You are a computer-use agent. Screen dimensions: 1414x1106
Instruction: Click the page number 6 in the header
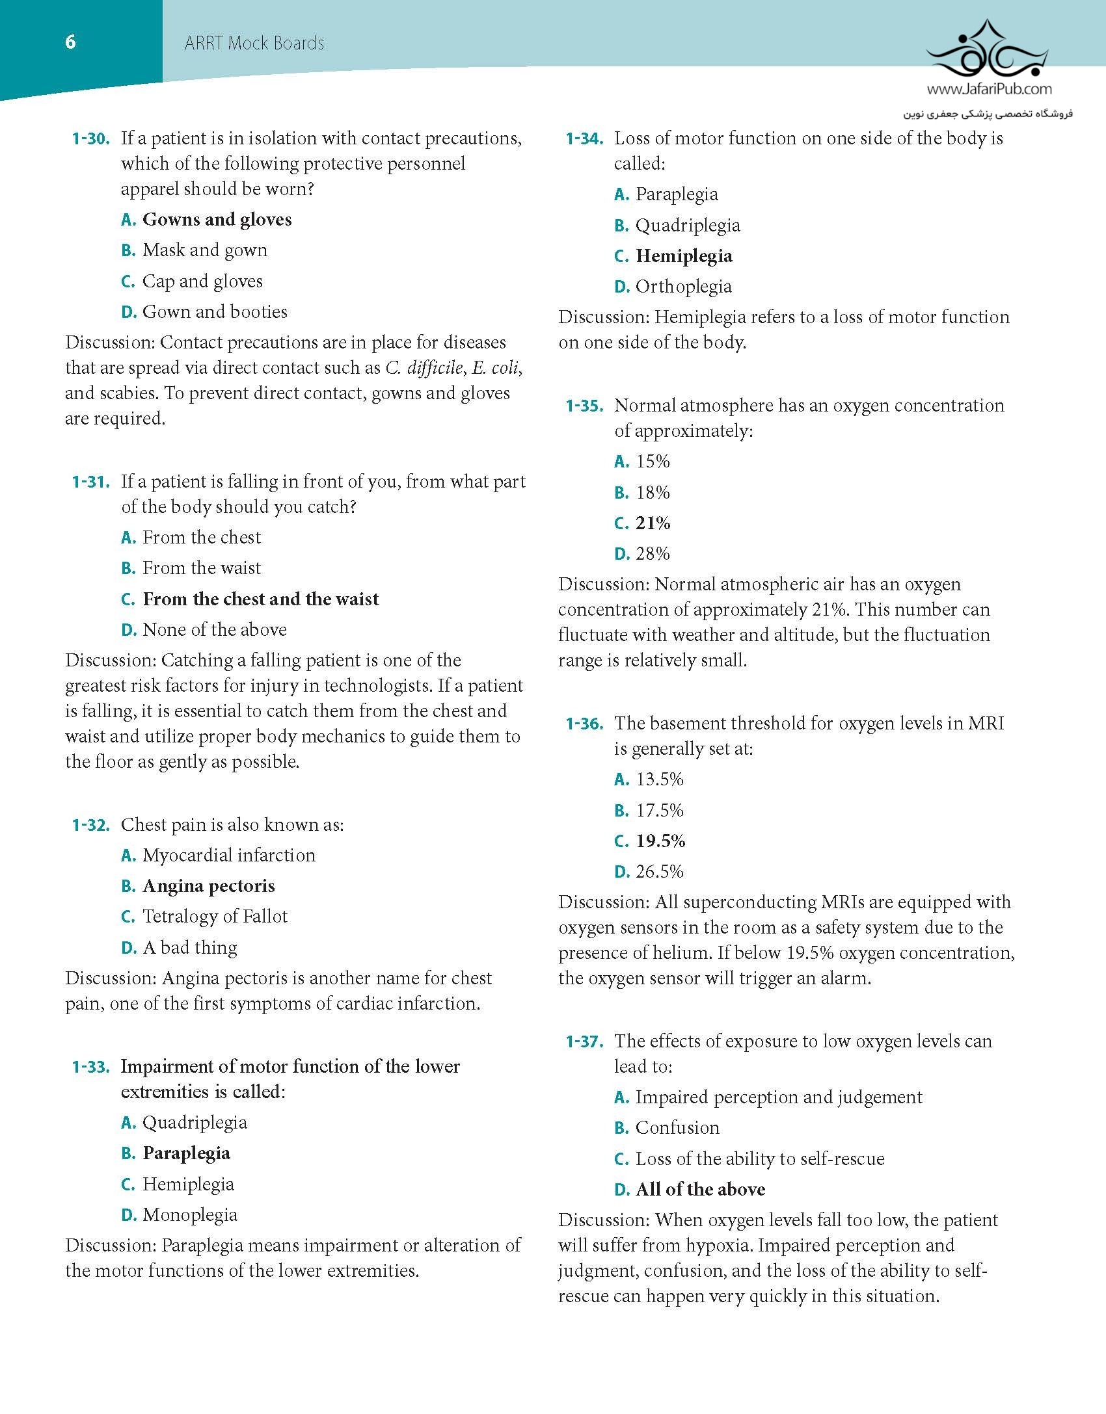point(70,42)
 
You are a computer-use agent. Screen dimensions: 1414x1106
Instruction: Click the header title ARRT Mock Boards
point(254,44)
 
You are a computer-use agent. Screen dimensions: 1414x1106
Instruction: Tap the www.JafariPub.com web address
point(989,89)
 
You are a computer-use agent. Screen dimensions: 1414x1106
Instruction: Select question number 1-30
point(90,138)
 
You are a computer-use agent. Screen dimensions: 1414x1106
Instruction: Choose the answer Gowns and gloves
point(217,220)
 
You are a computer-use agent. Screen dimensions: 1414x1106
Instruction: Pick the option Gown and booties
point(215,312)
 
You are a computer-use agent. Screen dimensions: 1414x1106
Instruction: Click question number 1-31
point(90,482)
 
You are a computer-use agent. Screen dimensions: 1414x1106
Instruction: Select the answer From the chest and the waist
point(260,599)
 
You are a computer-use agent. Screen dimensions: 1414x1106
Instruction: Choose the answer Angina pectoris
point(208,886)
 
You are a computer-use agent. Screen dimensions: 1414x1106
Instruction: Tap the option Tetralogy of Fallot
point(215,917)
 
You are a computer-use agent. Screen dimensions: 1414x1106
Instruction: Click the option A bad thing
point(190,948)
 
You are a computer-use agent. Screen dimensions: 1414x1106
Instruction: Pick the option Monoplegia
point(190,1215)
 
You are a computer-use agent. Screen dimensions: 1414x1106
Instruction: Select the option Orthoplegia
point(683,287)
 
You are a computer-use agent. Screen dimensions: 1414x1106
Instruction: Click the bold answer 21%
point(653,523)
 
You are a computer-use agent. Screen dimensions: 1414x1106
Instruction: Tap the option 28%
point(653,554)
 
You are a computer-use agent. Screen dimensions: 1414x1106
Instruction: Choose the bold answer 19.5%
point(660,841)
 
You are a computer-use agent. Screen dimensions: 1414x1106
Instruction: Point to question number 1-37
point(584,1041)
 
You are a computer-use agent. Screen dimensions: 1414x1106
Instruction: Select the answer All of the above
point(700,1190)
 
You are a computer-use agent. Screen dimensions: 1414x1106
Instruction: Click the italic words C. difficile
point(424,368)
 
